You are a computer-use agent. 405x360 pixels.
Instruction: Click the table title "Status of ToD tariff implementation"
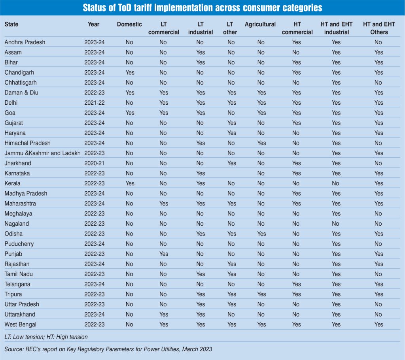point(202,8)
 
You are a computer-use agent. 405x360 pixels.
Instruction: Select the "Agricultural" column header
point(260,24)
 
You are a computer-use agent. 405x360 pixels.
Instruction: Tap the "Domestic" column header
point(129,24)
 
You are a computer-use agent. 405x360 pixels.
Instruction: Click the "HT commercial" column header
point(297,28)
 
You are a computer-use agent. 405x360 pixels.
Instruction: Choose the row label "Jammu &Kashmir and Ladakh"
point(42,153)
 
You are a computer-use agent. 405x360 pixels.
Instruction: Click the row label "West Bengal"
point(20,324)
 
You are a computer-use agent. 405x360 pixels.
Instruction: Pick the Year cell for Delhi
point(94,103)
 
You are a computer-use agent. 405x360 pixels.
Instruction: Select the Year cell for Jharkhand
point(94,163)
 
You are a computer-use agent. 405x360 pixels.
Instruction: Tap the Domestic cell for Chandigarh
point(129,72)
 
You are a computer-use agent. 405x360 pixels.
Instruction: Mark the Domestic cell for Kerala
point(129,183)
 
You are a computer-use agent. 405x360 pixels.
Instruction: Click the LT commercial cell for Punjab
point(163,254)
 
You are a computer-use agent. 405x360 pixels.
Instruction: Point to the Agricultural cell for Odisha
point(261,234)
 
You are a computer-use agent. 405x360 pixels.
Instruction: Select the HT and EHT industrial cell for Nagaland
point(336,224)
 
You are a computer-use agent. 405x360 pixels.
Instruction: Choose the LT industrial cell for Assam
point(201,52)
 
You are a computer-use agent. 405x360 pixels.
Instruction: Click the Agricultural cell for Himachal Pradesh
point(261,143)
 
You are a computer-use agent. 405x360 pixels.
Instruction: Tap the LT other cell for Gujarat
point(231,123)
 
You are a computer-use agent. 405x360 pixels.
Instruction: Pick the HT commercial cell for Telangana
point(296,284)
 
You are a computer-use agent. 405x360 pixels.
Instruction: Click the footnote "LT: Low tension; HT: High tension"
point(46,337)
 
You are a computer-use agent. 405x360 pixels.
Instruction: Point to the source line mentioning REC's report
point(108,349)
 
